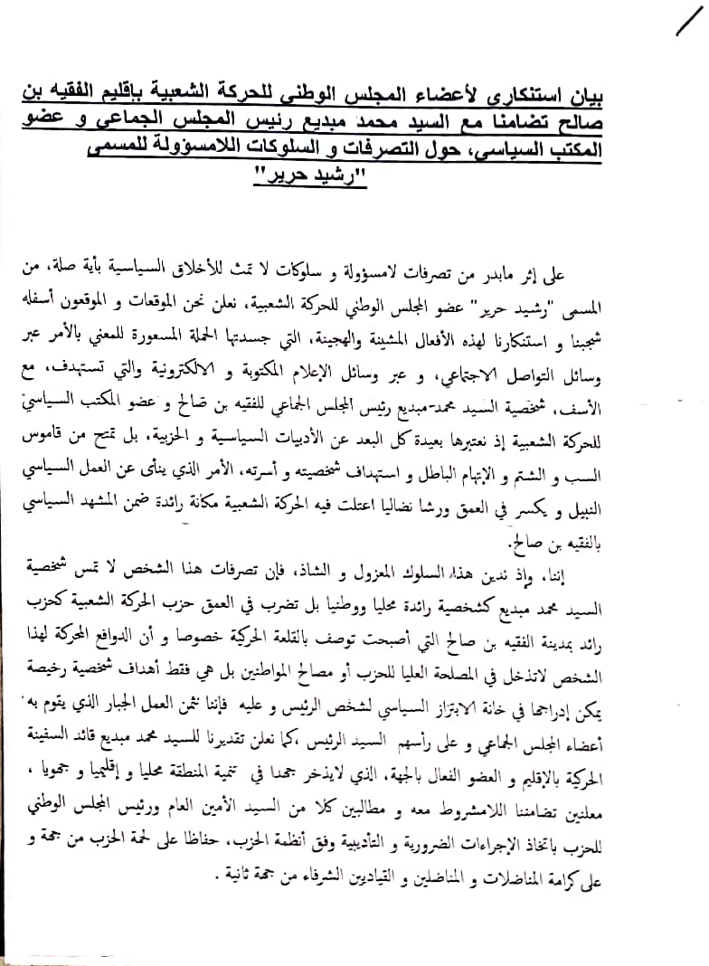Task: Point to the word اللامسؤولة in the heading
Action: (241, 144)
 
